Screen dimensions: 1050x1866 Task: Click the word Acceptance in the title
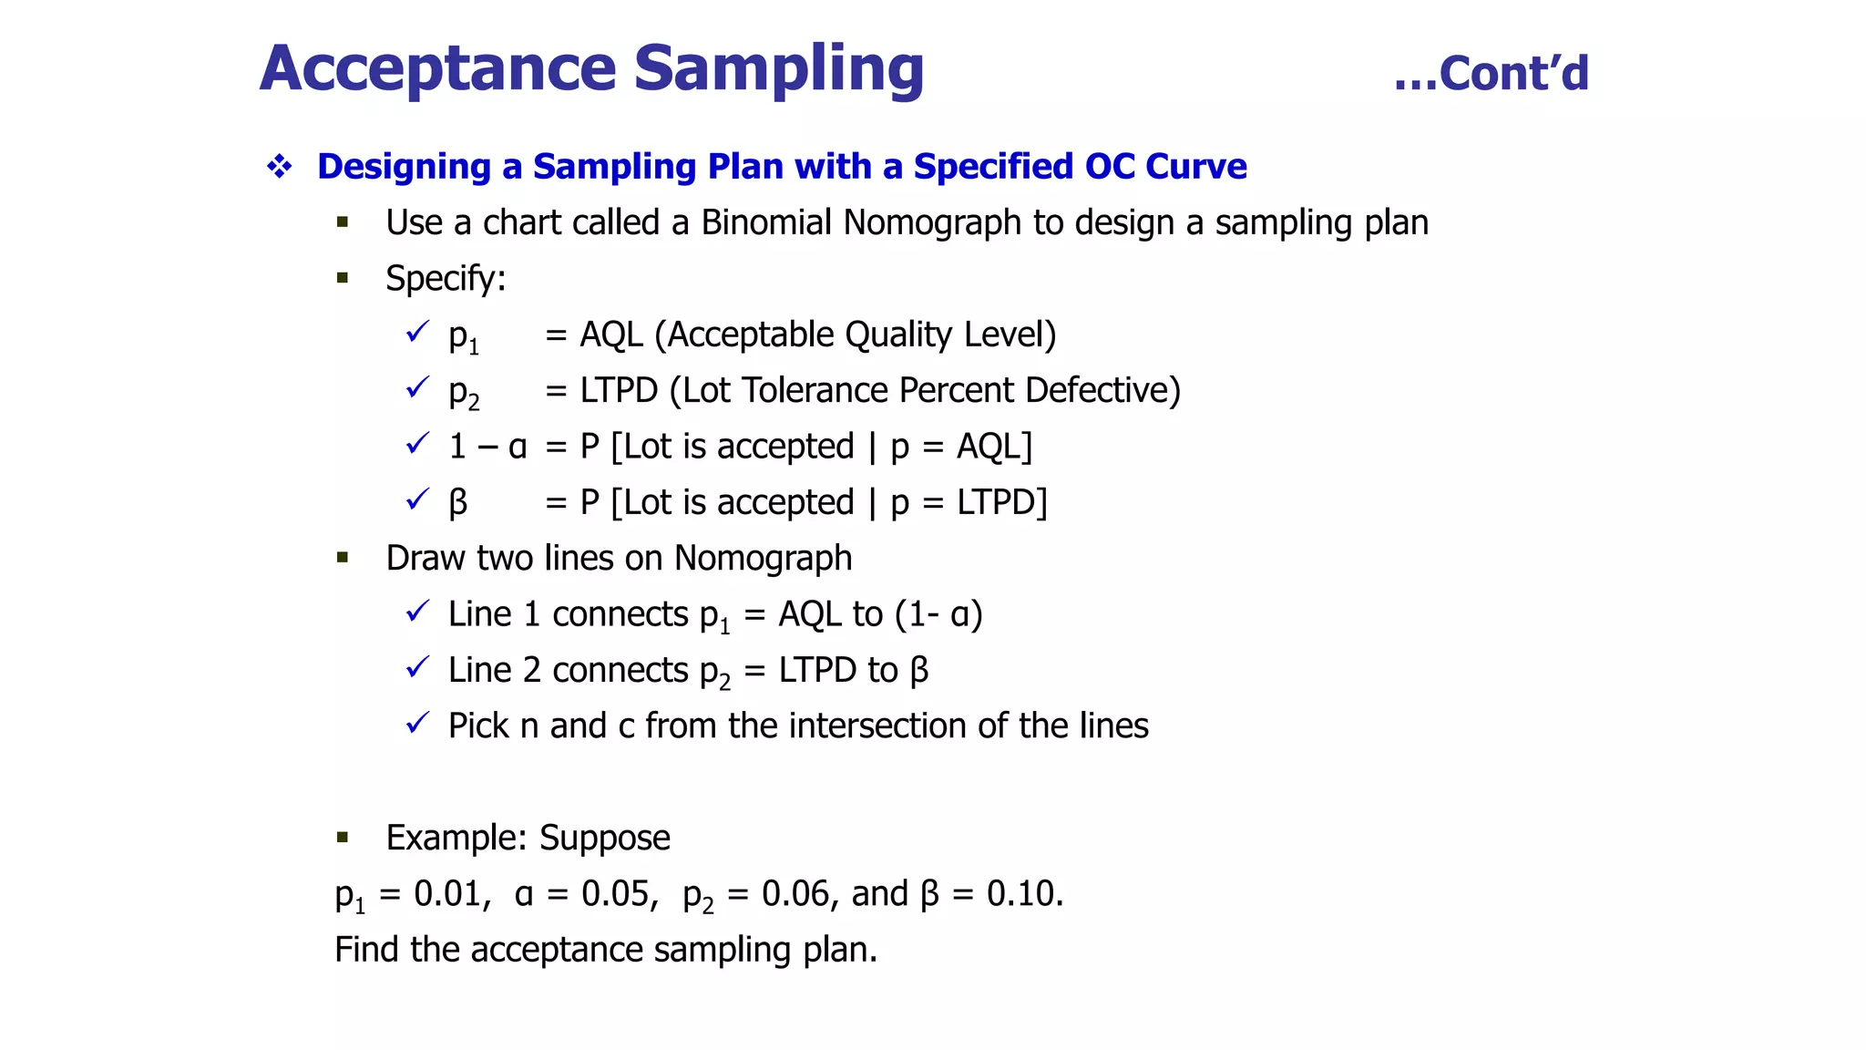pyautogui.click(x=438, y=69)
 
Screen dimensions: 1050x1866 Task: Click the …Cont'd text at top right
pyautogui.click(x=1492, y=74)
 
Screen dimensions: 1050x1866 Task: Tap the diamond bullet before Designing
pyautogui.click(x=280, y=166)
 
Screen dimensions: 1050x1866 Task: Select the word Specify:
pyautogui.click(x=446, y=278)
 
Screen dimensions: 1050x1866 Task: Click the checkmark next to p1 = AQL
pyautogui.click(x=417, y=333)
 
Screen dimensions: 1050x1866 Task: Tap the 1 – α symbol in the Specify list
pyautogui.click(x=487, y=447)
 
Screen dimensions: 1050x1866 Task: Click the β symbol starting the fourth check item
pyautogui.click(x=458, y=502)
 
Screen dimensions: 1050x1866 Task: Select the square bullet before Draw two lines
pyautogui.click(x=343, y=558)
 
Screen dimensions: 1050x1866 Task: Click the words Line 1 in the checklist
pyautogui.click(x=494, y=614)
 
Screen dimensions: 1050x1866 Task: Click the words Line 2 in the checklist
pyautogui.click(x=494, y=670)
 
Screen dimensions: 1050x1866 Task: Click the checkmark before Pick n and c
pyautogui.click(x=417, y=724)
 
